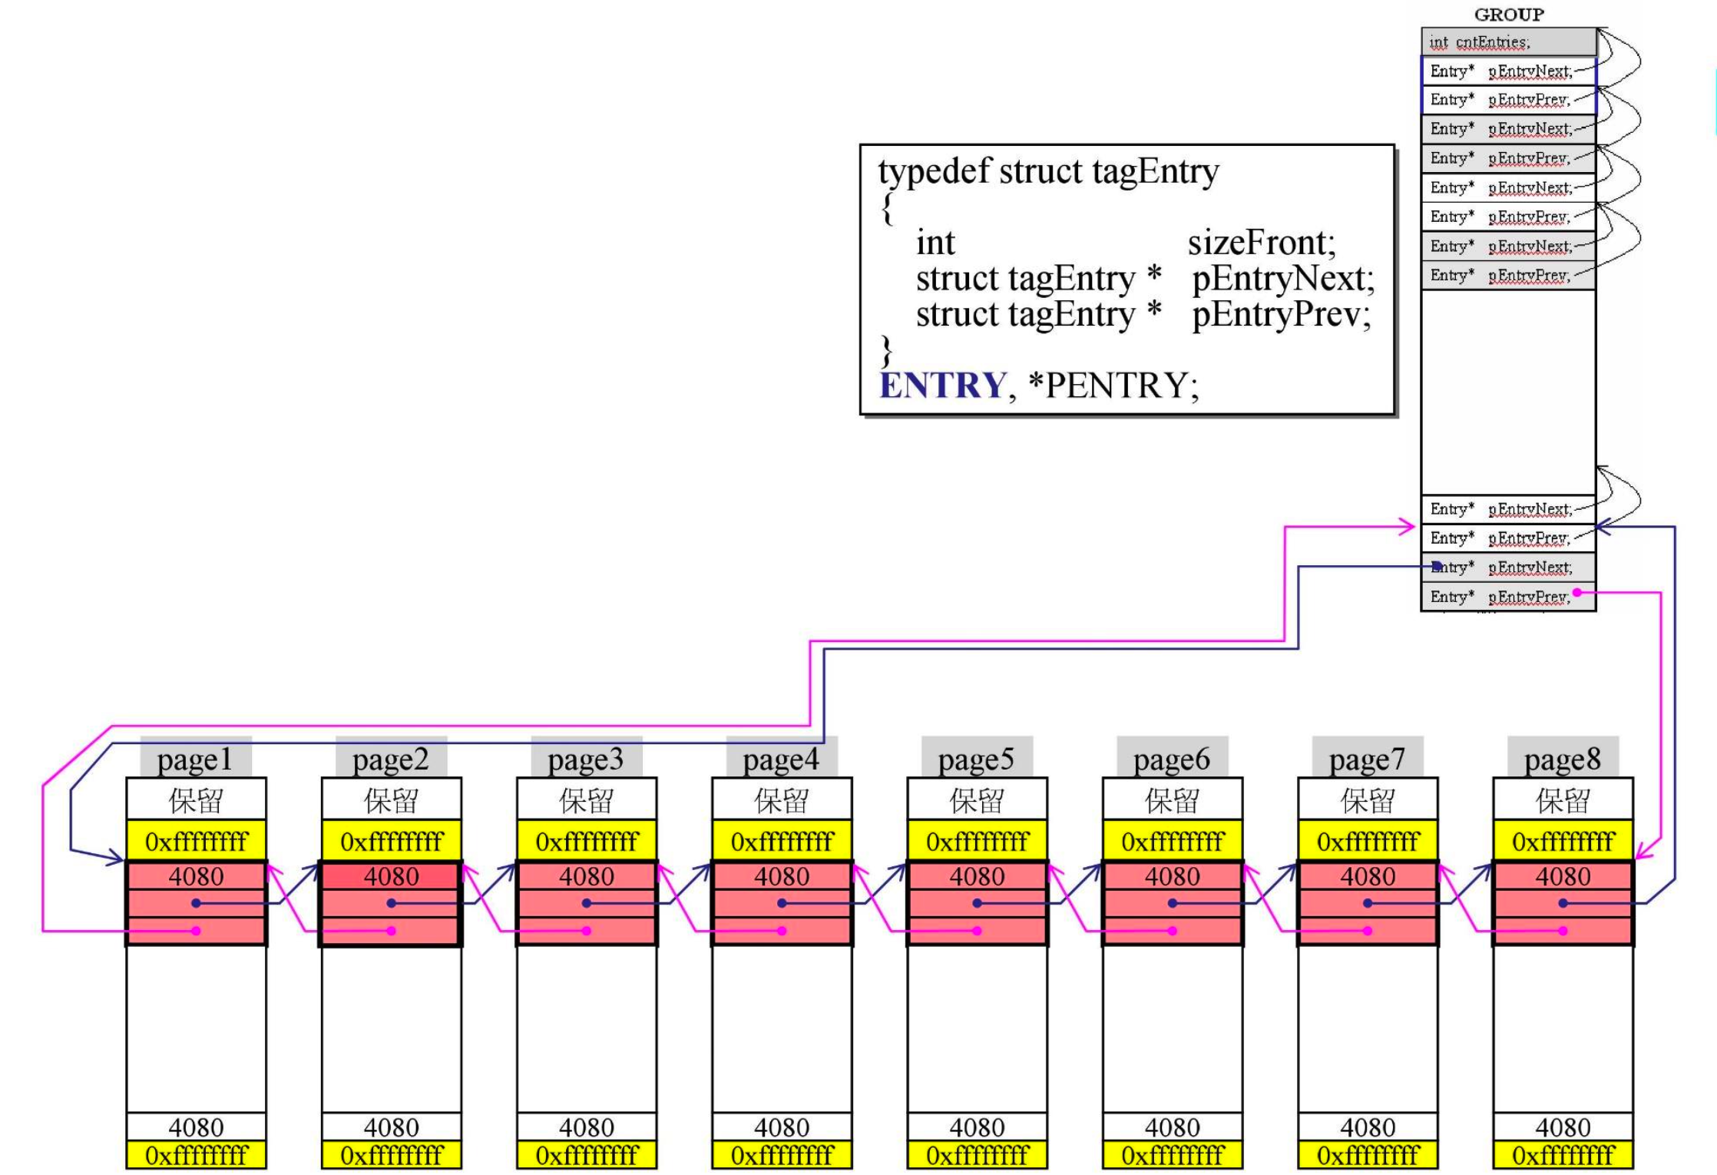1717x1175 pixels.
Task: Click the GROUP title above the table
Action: pos(1508,15)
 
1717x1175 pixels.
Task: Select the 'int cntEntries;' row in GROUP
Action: pos(1508,42)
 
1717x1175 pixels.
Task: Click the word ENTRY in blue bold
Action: pos(942,386)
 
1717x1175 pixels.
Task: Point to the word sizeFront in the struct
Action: pos(1260,243)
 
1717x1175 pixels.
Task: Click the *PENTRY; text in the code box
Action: pos(1113,386)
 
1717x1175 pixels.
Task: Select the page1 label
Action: pos(195,760)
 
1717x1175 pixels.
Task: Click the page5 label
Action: pos(976,760)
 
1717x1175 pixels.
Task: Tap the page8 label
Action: pos(1563,760)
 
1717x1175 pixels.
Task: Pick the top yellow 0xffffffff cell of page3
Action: pos(587,842)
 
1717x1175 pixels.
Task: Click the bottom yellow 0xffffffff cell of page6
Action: pos(1172,1155)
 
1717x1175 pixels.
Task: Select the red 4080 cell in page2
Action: pos(391,876)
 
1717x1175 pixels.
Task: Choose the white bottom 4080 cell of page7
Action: pos(1368,1127)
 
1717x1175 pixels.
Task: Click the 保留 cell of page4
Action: pos(782,800)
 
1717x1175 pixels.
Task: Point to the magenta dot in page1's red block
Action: pos(196,931)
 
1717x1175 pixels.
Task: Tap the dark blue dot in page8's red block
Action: pos(1563,903)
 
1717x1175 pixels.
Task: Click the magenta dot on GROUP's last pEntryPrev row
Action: pos(1576,592)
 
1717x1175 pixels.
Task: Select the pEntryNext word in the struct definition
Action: pos(1282,279)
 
